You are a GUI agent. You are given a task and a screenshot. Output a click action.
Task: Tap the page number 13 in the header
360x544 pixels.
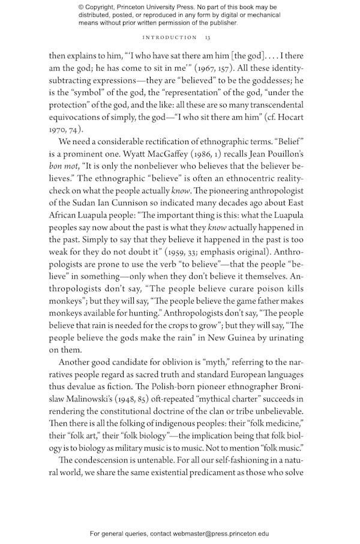207,37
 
